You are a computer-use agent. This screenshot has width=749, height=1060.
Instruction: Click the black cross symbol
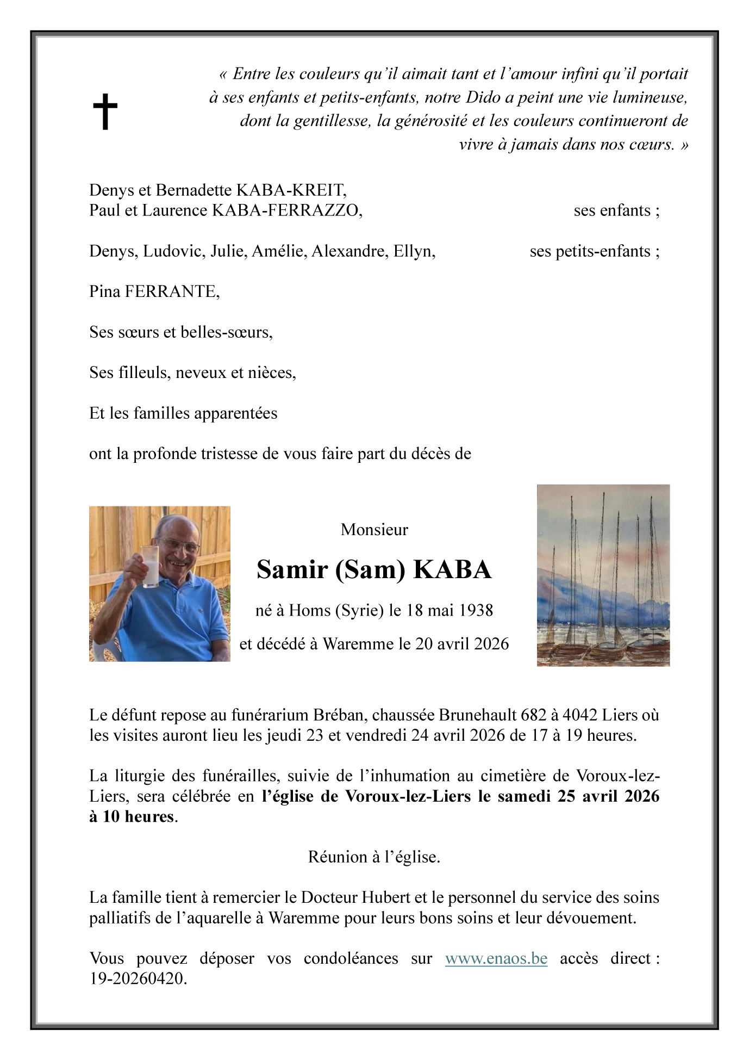(x=104, y=111)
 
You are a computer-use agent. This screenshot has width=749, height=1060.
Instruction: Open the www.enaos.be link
(x=496, y=958)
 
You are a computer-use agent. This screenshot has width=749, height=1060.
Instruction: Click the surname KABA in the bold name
(x=452, y=569)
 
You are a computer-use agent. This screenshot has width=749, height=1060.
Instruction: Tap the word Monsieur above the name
(x=374, y=530)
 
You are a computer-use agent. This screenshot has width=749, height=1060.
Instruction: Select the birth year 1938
(x=476, y=610)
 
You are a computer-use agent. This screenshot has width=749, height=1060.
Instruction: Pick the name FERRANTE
(x=172, y=292)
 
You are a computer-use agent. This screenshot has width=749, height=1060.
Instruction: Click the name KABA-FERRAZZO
(x=286, y=210)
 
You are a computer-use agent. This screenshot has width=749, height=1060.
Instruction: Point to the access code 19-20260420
(x=138, y=979)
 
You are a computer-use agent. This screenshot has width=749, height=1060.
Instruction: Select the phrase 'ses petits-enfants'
(x=594, y=251)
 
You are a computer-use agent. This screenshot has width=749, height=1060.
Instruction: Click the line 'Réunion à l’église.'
(x=374, y=857)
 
